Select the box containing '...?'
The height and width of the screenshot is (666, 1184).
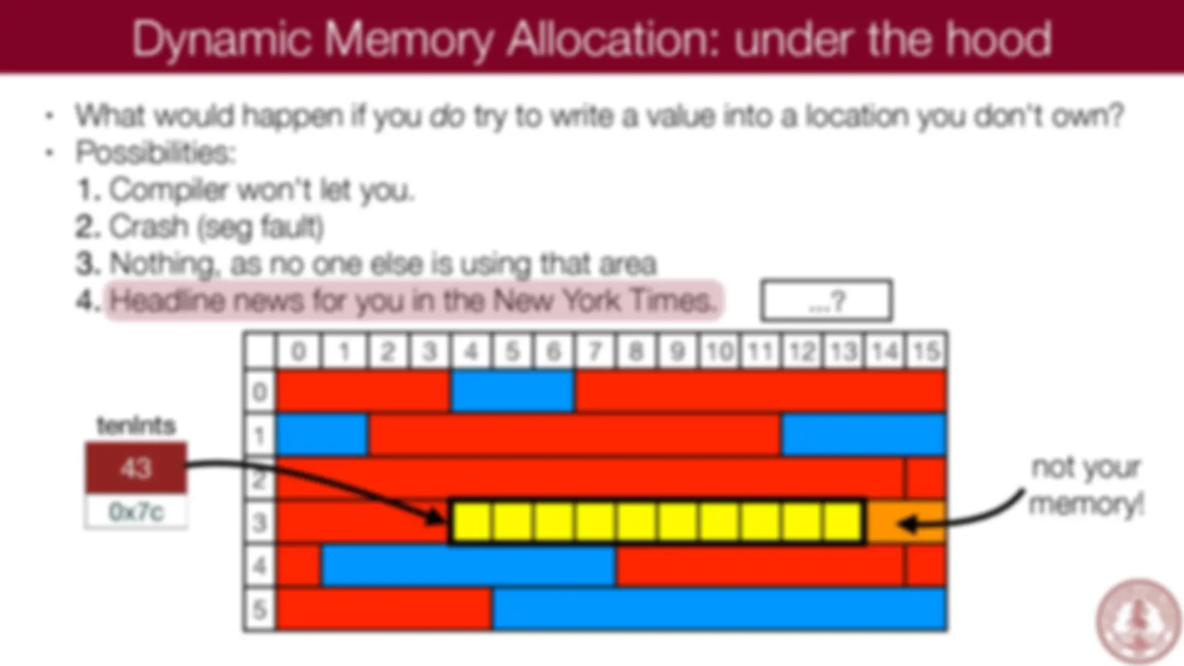click(826, 300)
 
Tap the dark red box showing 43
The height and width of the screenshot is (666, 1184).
click(136, 467)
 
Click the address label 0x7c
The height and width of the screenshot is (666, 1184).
click(136, 512)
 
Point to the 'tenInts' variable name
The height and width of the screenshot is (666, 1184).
click(136, 425)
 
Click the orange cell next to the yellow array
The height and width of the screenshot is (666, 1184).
click(906, 522)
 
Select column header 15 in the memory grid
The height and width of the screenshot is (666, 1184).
click(926, 351)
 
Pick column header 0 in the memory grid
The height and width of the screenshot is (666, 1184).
click(298, 351)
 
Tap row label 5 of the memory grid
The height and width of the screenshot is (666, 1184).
click(260, 609)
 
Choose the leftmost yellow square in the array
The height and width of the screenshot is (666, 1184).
click(472, 522)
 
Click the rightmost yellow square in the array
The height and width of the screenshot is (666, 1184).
click(843, 522)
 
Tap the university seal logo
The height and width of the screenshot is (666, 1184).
click(1138, 620)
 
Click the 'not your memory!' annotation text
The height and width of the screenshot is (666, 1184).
click(1087, 486)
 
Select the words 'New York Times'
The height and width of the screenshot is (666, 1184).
click(603, 300)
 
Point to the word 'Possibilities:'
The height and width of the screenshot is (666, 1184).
click(155, 152)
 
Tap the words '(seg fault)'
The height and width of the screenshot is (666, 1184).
click(261, 228)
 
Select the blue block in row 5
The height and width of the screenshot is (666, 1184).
click(719, 609)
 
